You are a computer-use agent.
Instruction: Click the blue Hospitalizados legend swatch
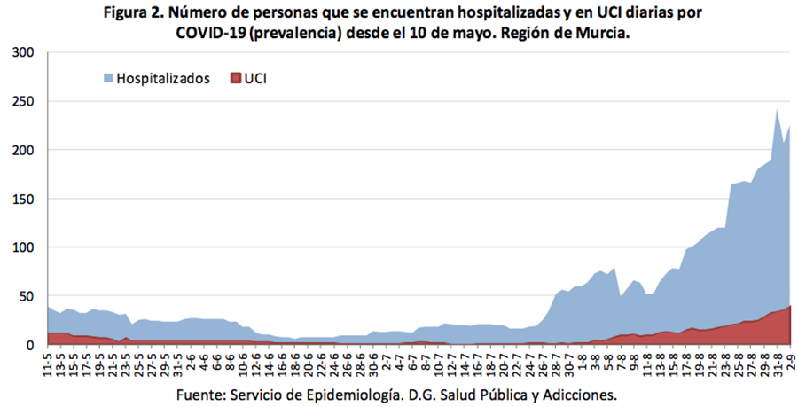click(x=108, y=79)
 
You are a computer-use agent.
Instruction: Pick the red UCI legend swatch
click(x=235, y=79)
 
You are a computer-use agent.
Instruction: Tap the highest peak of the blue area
click(x=777, y=110)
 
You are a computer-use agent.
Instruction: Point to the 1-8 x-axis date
click(x=582, y=362)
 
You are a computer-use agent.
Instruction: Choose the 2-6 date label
click(x=192, y=362)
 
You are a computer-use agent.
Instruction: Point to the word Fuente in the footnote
click(x=202, y=394)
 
